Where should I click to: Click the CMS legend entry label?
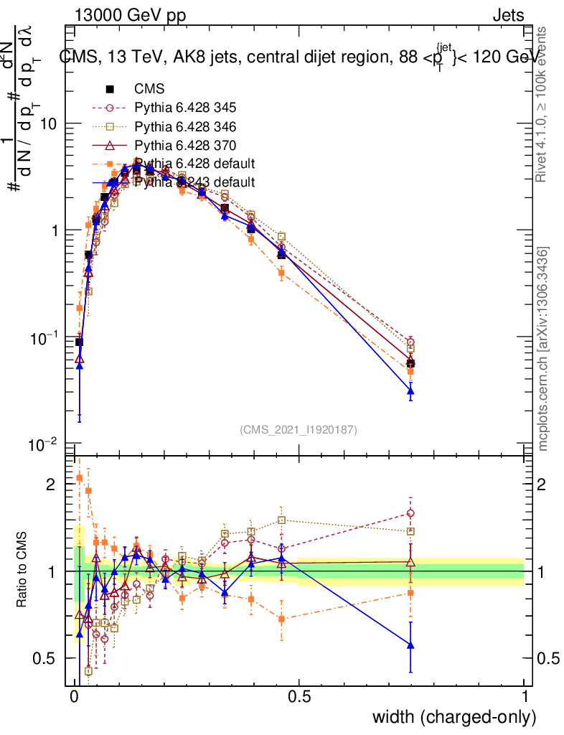pyautogui.click(x=149, y=89)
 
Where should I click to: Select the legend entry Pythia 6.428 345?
pyautogui.click(x=185, y=108)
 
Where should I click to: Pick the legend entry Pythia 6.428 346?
pyautogui.click(x=185, y=126)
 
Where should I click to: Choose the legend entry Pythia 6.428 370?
pyautogui.click(x=185, y=145)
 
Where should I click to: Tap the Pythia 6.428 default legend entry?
pyautogui.click(x=194, y=164)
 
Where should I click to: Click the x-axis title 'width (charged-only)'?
pyautogui.click(x=454, y=716)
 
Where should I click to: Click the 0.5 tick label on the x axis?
pyautogui.click(x=299, y=697)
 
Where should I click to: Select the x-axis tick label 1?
pyautogui.click(x=525, y=697)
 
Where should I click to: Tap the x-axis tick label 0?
pyautogui.click(x=75, y=697)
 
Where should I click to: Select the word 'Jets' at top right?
pyautogui.click(x=508, y=15)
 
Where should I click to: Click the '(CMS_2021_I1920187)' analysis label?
pyautogui.click(x=299, y=429)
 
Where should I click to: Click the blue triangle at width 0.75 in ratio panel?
pyautogui.click(x=410, y=645)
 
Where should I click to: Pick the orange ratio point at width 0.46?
pyautogui.click(x=282, y=618)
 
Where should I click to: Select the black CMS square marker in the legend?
pyautogui.click(x=110, y=89)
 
